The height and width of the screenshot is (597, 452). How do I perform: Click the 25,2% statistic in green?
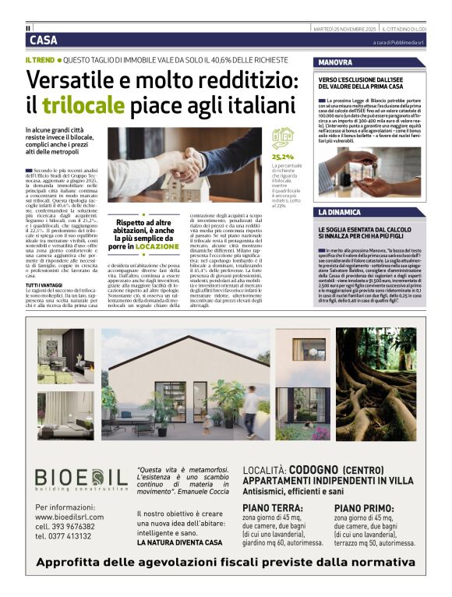282,157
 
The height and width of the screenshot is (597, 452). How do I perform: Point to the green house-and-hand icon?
281,139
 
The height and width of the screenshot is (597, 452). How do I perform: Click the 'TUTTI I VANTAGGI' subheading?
47,285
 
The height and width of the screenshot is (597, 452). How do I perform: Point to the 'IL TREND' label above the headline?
41,59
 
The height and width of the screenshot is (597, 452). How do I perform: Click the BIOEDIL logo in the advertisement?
81,477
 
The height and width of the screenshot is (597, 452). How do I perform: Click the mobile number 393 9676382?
82,526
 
